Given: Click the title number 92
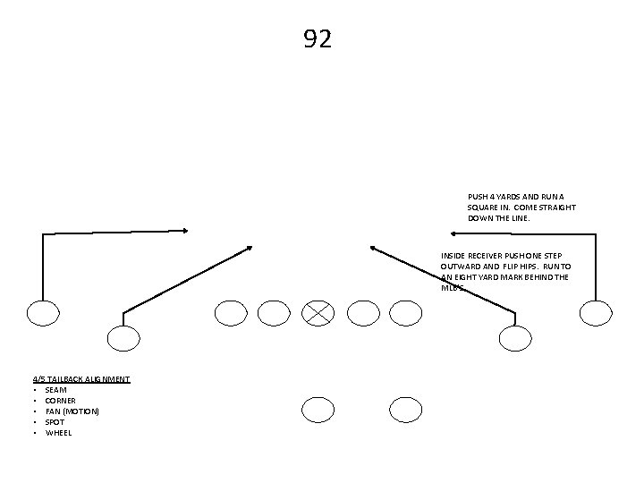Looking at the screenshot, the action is [318, 39].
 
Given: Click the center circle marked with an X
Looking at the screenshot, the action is [318, 312].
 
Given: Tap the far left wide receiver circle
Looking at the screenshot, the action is [42, 312].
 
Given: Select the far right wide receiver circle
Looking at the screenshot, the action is [596, 312].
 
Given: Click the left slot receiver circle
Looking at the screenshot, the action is [123, 337].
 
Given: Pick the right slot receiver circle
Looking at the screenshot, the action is [514, 337].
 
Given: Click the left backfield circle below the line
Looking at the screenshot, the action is [318, 410].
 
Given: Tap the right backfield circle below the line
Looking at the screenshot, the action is [405, 410].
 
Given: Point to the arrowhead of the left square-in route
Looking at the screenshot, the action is [185, 231].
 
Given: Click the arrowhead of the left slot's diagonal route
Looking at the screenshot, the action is [250, 247].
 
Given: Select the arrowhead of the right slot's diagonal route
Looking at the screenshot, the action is [372, 248].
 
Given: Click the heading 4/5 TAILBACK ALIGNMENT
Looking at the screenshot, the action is [81, 379].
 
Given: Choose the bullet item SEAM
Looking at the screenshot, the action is [55, 390].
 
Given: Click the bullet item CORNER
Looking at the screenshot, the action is [61, 401].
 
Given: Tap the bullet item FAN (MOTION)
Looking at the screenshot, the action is [72, 411].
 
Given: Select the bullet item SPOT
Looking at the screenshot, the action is [55, 422].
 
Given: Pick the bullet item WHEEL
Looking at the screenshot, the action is [58, 433].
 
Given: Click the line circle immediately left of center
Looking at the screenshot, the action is [274, 312].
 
